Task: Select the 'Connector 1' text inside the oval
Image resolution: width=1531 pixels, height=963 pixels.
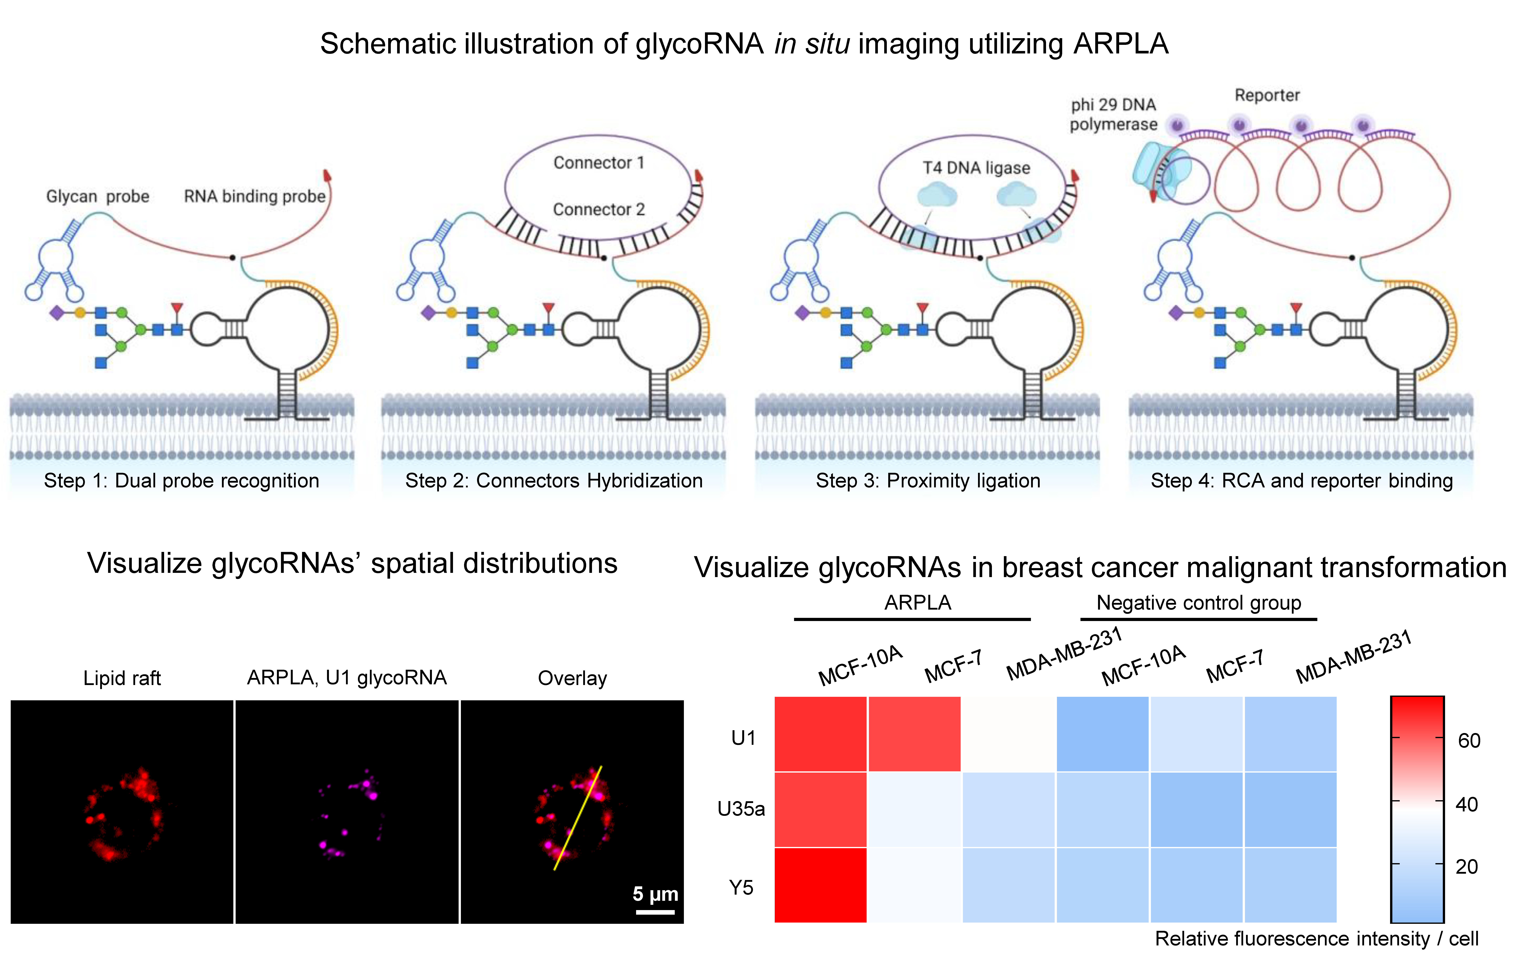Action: (598, 163)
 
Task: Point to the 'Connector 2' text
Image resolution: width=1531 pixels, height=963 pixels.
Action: (598, 209)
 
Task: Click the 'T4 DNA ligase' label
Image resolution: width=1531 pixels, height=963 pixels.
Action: (976, 168)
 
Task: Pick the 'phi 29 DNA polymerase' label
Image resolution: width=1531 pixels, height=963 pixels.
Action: (1113, 114)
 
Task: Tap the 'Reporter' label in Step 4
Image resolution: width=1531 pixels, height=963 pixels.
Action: (1267, 95)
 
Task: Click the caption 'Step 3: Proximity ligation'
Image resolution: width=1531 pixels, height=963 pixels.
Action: (928, 480)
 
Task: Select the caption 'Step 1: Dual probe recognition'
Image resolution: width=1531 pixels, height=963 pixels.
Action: (181, 480)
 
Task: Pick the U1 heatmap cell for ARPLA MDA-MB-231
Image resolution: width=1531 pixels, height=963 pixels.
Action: (1008, 734)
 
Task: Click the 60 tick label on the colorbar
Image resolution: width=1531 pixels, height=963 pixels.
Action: (1469, 740)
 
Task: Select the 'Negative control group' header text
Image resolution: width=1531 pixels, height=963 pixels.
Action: (1199, 602)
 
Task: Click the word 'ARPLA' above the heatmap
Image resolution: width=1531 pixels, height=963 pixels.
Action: (917, 602)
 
